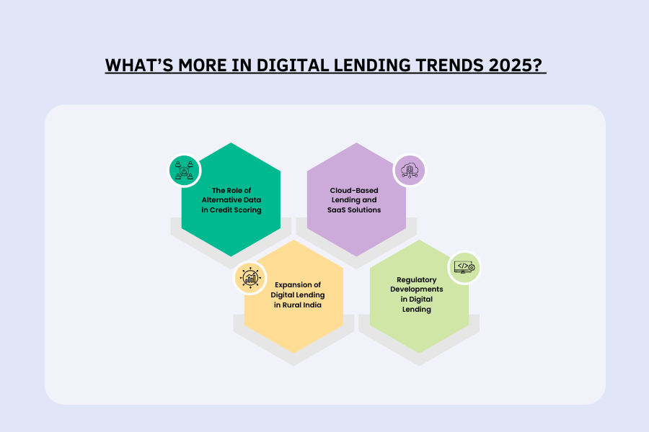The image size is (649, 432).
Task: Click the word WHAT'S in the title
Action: (136, 65)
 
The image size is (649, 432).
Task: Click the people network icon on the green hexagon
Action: (185, 171)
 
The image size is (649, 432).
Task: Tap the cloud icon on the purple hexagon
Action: (409, 171)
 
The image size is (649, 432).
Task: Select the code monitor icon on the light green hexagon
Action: (464, 267)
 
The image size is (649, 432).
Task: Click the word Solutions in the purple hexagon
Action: (366, 210)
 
